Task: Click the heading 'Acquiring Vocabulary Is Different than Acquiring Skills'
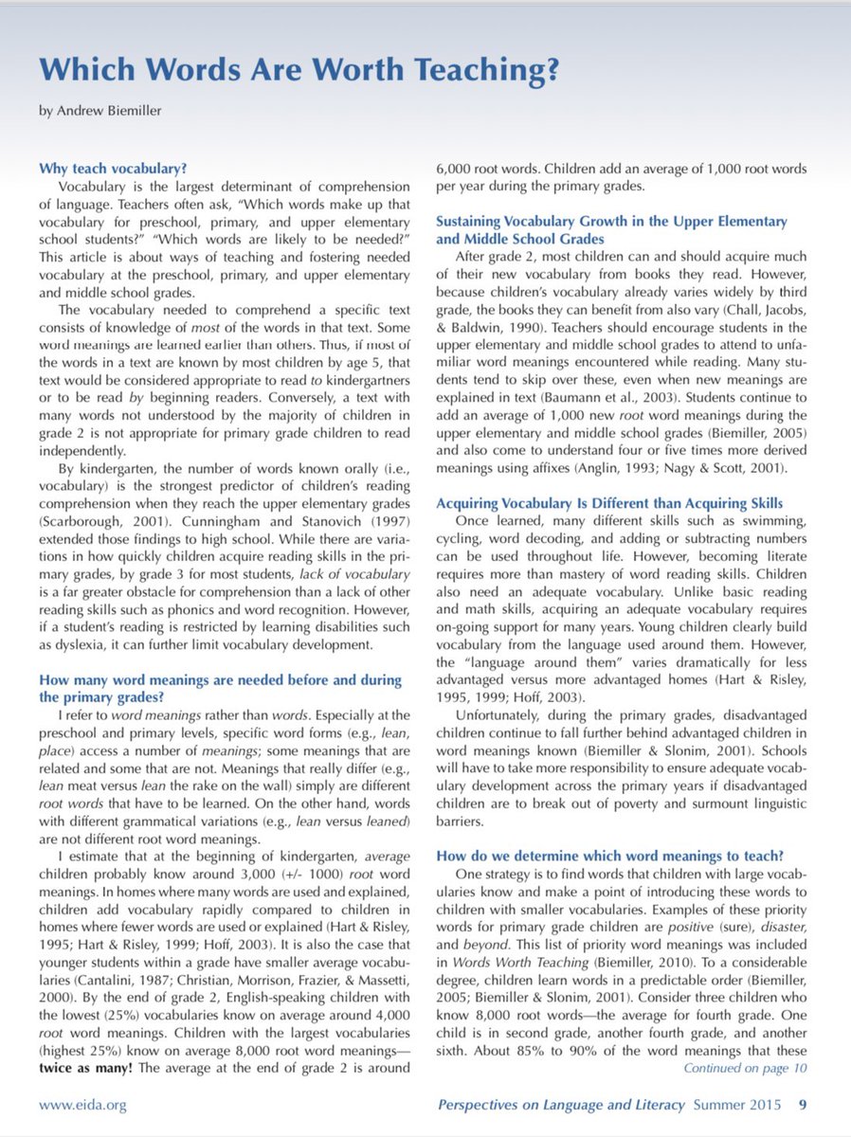point(610,502)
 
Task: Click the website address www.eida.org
point(82,1105)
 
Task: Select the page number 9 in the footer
point(803,1105)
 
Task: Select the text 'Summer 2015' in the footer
point(745,1105)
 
